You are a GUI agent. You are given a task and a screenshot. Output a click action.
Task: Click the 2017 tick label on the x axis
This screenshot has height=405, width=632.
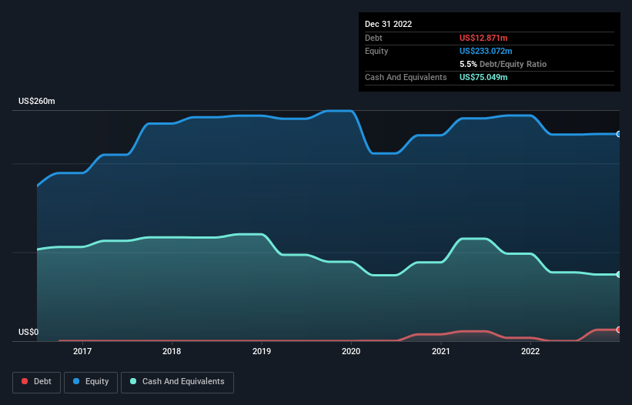pyautogui.click(x=82, y=351)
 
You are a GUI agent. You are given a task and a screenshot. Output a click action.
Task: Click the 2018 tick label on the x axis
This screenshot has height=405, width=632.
pyautogui.click(x=172, y=351)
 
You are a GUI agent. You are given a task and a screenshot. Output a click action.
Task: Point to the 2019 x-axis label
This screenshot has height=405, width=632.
pyautogui.click(x=261, y=351)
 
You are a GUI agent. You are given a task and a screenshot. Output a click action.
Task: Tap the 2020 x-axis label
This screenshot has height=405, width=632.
pyautogui.click(x=351, y=351)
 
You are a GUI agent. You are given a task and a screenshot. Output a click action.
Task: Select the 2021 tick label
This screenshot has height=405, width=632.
pyautogui.click(x=440, y=351)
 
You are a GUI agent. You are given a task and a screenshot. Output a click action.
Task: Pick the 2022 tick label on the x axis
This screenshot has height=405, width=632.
pyautogui.click(x=530, y=351)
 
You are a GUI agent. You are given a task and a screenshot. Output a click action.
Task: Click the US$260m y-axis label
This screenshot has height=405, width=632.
pyautogui.click(x=37, y=102)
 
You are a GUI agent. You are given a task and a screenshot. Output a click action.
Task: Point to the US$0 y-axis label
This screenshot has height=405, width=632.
pyautogui.click(x=28, y=333)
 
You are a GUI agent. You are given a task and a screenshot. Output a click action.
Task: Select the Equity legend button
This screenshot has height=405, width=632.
pyautogui.click(x=91, y=382)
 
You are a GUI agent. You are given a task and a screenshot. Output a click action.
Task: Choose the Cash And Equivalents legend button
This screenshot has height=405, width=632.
pyautogui.click(x=177, y=382)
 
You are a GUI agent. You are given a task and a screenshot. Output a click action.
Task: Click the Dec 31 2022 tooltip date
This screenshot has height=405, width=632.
pyautogui.click(x=389, y=24)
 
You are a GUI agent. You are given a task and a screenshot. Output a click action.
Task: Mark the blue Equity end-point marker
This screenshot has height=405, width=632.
pyautogui.click(x=619, y=134)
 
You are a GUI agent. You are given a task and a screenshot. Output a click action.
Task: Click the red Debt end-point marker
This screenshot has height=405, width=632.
pyautogui.click(x=619, y=330)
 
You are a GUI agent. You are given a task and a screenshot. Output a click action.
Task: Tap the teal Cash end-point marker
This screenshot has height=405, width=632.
pyautogui.click(x=619, y=274)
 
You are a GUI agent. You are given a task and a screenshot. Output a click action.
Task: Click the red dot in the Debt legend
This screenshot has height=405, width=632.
pyautogui.click(x=25, y=382)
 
